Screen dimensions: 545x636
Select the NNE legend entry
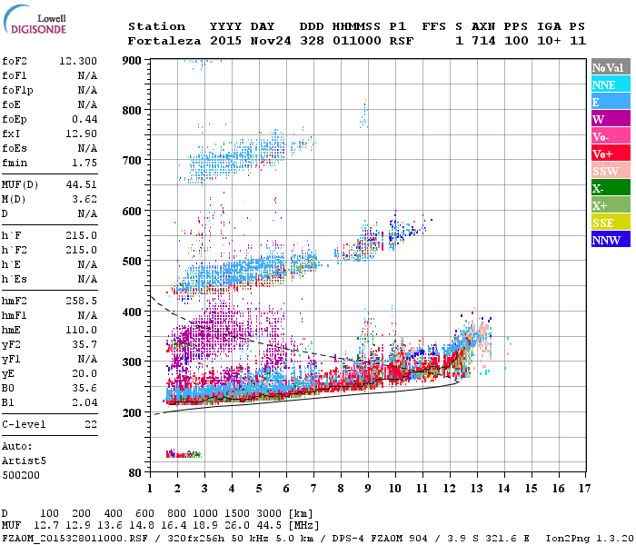pyautogui.click(x=609, y=84)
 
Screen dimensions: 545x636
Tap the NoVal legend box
pyautogui.click(x=609, y=67)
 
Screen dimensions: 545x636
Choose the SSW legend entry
pyautogui.click(x=609, y=171)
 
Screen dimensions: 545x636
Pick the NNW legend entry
pyautogui.click(x=609, y=240)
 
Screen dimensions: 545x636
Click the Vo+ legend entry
pyautogui.click(x=609, y=154)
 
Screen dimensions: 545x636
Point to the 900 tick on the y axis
pyautogui.click(x=134, y=61)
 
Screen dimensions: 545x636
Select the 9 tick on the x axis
pyautogui.click(x=368, y=489)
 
